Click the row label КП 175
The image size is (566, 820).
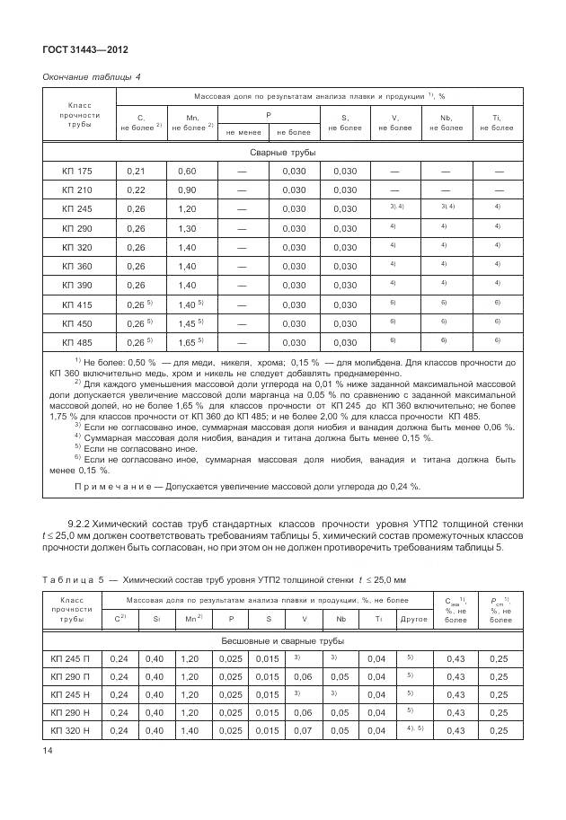pos(78,171)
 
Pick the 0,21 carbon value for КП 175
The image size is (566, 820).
pos(137,171)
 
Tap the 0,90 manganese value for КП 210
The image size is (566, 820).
pos(187,190)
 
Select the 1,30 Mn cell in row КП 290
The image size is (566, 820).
pos(187,229)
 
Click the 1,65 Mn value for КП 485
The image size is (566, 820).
pos(187,342)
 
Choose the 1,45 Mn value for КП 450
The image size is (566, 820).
pos(187,323)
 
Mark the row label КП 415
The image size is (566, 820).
pos(78,304)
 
